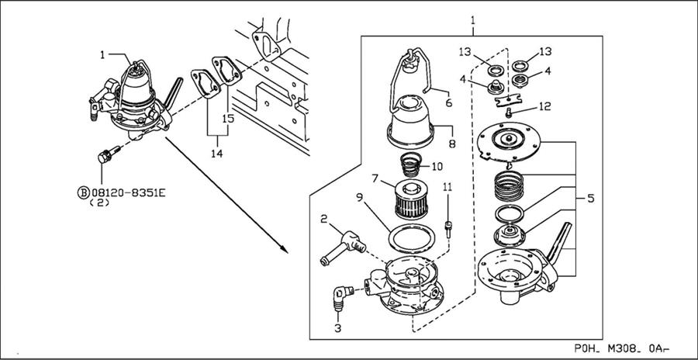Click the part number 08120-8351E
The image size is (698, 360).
click(x=128, y=192)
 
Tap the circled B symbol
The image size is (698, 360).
click(x=83, y=192)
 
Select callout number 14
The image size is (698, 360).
click(x=217, y=154)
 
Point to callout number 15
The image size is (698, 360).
click(x=228, y=119)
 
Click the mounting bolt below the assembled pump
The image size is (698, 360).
click(x=108, y=154)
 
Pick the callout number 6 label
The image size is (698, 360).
click(x=448, y=102)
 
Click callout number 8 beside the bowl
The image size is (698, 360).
click(x=453, y=144)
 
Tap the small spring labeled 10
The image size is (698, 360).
click(x=411, y=164)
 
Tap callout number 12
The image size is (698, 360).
click(x=544, y=106)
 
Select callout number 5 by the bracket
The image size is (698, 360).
click(x=591, y=199)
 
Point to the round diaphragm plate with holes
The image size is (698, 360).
click(x=508, y=140)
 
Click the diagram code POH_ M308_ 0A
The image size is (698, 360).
click(x=622, y=348)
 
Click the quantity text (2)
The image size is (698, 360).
click(x=100, y=202)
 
